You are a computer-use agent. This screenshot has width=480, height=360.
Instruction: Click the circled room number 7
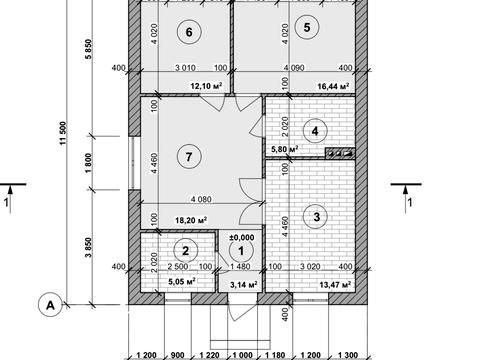pos(189,156)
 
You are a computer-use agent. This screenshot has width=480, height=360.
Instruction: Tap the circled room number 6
pos(189,32)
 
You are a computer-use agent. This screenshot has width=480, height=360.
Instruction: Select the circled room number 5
pos(307,27)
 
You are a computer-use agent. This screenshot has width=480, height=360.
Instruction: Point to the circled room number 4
pos(315,131)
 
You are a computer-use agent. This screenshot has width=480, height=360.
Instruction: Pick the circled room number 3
pos(316,217)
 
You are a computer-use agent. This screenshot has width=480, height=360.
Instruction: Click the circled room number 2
pos(186,250)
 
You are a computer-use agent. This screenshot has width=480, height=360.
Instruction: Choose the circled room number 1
pos(241,251)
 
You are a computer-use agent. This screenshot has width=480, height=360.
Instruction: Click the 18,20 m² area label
pos(191,220)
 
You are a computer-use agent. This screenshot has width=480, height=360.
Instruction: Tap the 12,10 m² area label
pos(206,86)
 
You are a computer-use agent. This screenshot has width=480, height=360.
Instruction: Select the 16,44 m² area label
pos(333,86)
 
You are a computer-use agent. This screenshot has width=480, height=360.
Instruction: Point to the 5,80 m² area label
pos(285,149)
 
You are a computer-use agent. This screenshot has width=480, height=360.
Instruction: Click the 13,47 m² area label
pos(335,285)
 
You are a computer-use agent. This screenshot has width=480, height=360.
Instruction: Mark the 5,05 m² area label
pos(182,282)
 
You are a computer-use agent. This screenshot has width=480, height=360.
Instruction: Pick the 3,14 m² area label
pos(244,285)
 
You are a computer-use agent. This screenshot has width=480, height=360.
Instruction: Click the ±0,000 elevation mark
pos(242,237)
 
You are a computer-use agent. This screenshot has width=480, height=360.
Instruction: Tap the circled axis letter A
pos(50,305)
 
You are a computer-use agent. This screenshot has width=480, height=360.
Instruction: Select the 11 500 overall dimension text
pos(63,133)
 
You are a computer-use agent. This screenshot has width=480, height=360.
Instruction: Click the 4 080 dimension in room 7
pos(201,199)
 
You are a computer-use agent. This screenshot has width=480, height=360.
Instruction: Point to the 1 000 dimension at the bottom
pos(242,355)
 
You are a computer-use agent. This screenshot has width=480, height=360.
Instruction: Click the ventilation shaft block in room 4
pos(340,153)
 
